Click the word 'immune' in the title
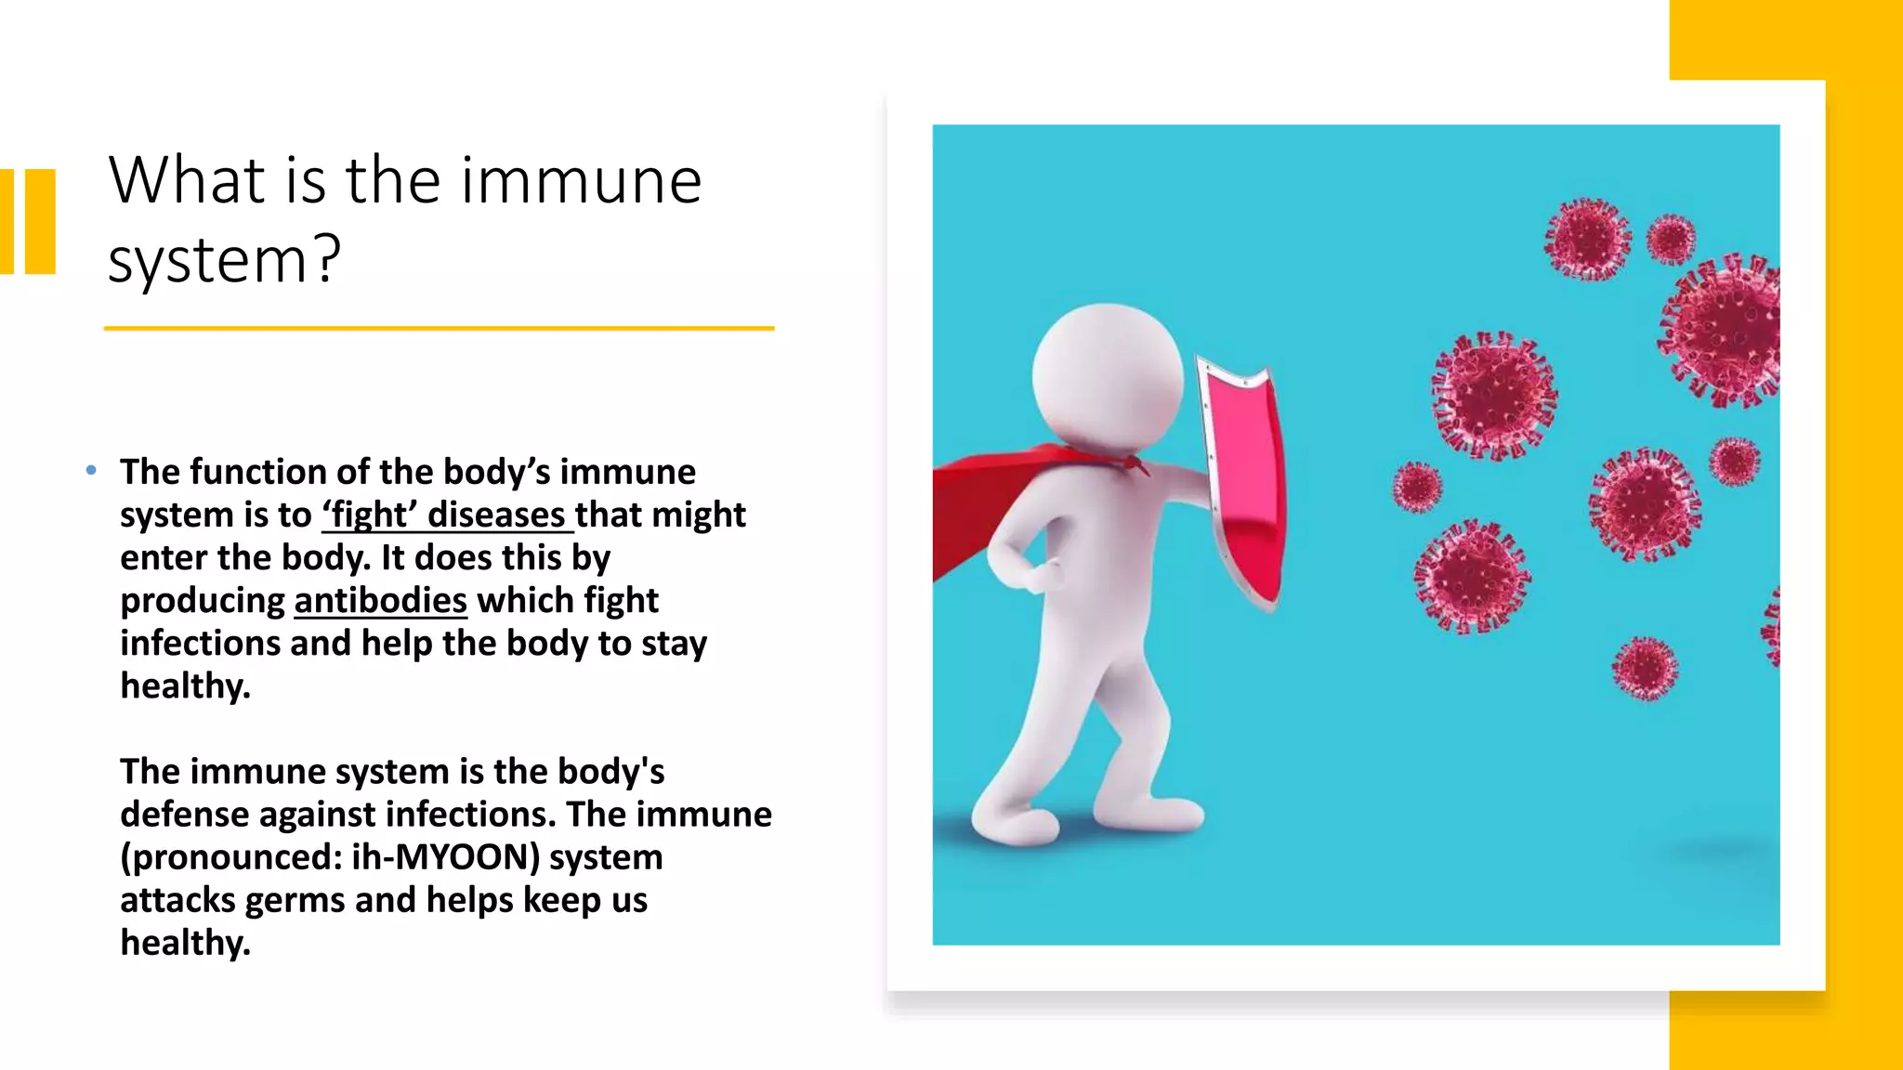click(581, 180)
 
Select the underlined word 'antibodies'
click(380, 601)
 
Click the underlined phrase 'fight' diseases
click(447, 515)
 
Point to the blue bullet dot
click(91, 471)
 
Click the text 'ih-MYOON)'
click(445, 857)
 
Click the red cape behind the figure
click(985, 502)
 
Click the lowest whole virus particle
click(1645, 668)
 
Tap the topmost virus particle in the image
click(1587, 240)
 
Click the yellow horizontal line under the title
click(439, 328)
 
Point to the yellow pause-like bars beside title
click(28, 221)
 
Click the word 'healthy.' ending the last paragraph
click(185, 943)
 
